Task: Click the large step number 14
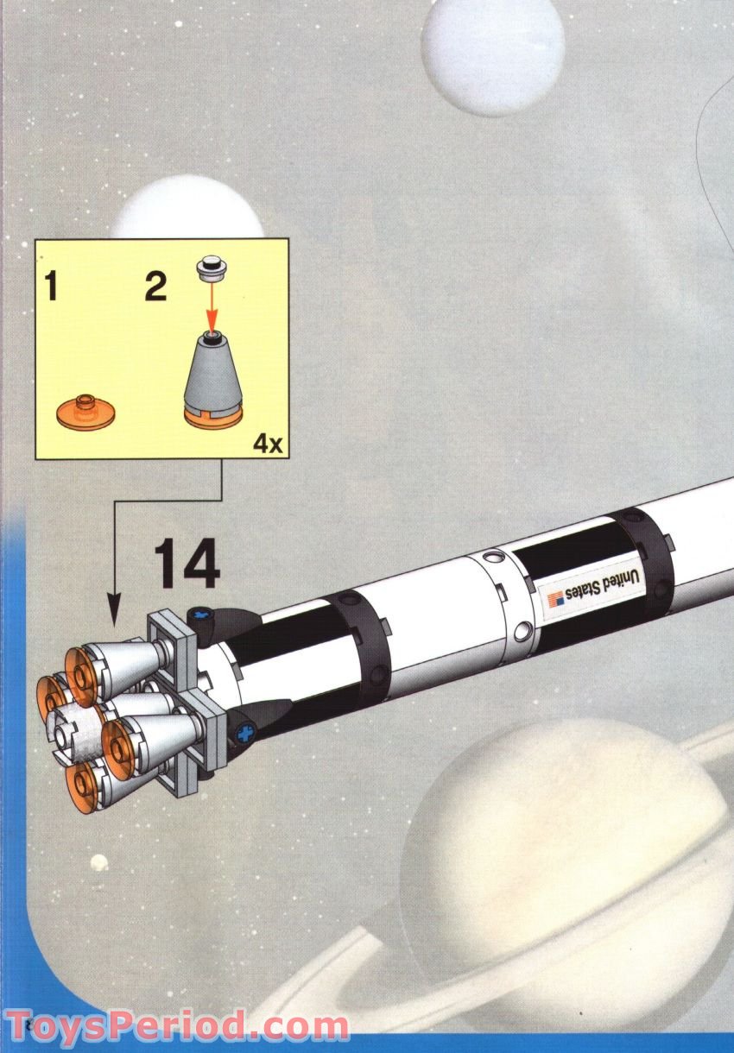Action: click(187, 566)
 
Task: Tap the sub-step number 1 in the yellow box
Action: click(52, 286)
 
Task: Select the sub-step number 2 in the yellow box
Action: click(155, 286)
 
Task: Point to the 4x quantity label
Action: click(267, 445)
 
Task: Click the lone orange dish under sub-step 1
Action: click(84, 409)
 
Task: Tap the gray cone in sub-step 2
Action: click(211, 371)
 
